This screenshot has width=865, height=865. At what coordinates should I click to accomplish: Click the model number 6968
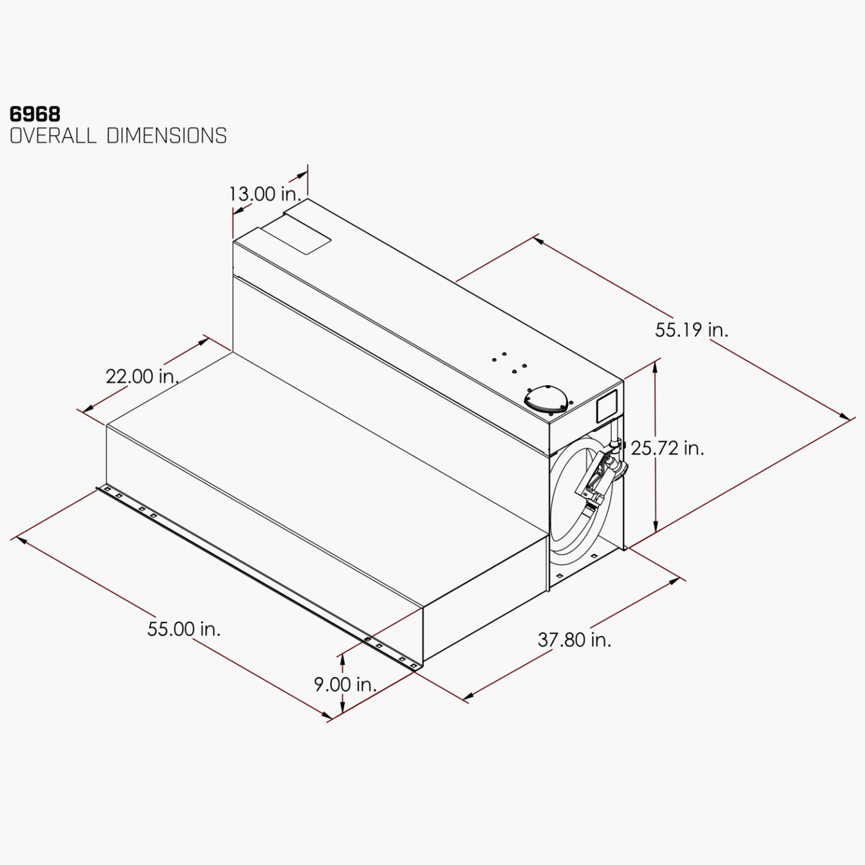point(35,114)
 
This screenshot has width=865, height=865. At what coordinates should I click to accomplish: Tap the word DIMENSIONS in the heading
point(167,136)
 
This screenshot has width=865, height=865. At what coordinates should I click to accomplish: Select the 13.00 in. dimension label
point(265,194)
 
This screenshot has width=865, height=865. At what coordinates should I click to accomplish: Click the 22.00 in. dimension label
point(142,377)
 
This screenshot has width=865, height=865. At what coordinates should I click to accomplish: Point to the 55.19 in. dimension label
point(691,330)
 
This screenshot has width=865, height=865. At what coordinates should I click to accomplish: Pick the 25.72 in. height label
point(667,448)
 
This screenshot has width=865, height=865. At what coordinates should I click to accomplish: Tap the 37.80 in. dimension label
point(574,640)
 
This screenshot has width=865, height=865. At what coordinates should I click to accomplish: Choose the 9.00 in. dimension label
point(345,685)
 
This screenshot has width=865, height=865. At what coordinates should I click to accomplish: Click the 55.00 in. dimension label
point(184,629)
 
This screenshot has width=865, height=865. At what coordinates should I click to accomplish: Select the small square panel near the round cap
point(606,406)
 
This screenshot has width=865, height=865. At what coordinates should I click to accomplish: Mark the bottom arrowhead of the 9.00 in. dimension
point(343,709)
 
